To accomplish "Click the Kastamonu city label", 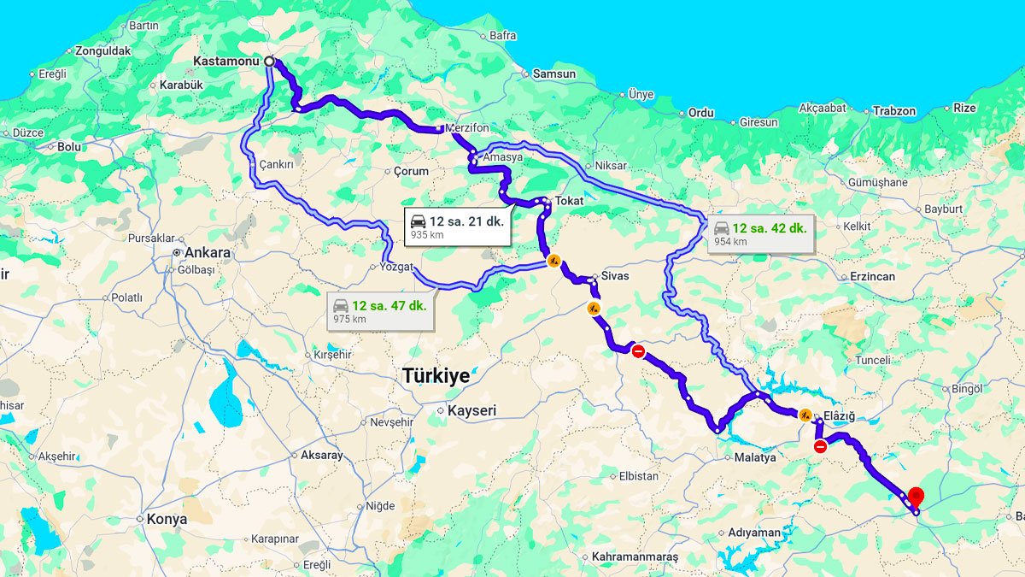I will [225, 62].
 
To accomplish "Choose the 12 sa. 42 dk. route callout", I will [759, 233].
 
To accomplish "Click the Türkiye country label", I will [436, 375].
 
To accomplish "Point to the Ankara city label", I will [208, 253].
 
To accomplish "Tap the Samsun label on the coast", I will [554, 74].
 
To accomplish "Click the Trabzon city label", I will [894, 111].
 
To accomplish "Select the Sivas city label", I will [615, 276].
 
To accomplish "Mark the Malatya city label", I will [755, 457].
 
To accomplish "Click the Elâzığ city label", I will [839, 416].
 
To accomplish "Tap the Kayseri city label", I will [471, 411].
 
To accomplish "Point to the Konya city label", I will [166, 519].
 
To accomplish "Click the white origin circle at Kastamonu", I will [269, 62].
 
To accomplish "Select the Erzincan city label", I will [872, 277].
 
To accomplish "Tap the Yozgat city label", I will [396, 267].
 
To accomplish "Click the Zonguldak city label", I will [102, 51].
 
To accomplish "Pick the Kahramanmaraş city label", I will [635, 557].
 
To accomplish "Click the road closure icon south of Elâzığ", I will [820, 446].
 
